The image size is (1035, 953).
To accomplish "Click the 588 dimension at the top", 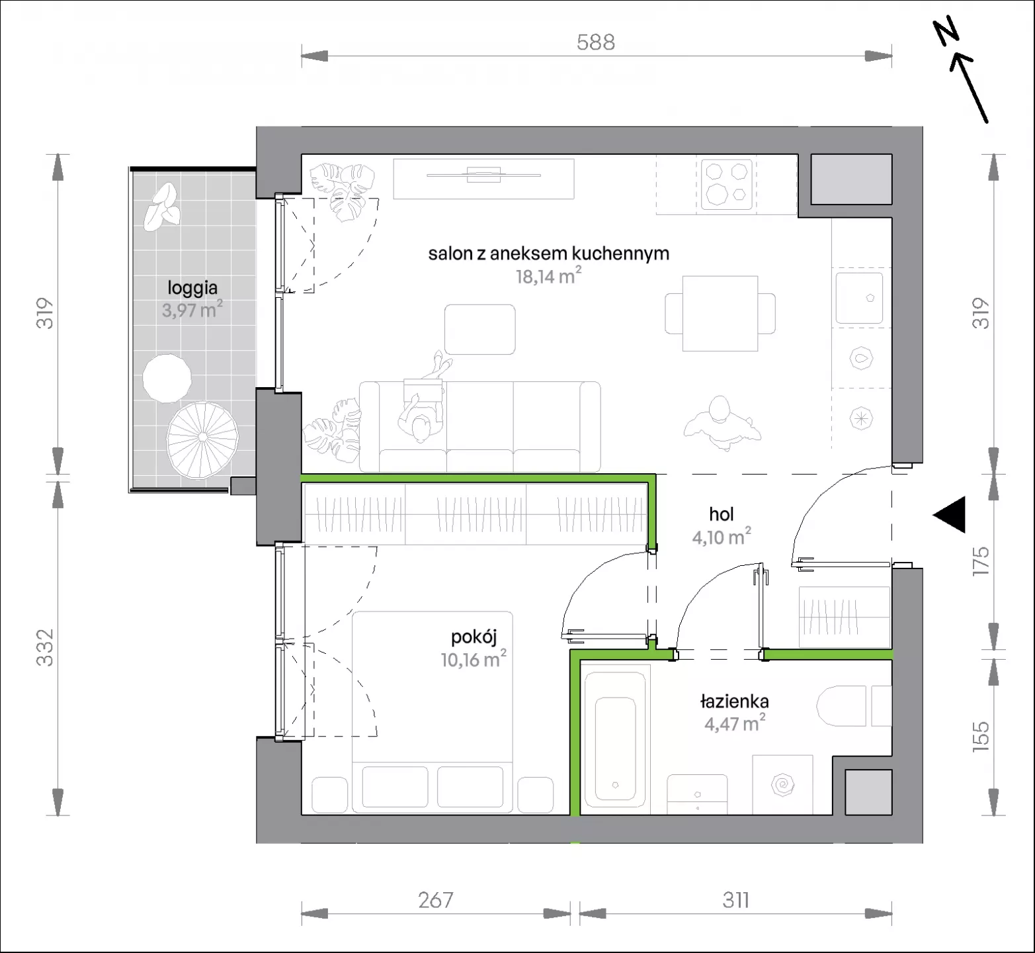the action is click(596, 42).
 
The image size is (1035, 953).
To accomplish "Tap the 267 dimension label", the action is click(436, 900).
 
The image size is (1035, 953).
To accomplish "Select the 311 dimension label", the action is click(736, 900).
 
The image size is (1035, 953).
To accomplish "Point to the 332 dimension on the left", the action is click(44, 647).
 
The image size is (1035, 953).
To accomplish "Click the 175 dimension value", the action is click(981, 561).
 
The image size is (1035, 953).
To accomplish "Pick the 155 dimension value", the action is click(981, 735).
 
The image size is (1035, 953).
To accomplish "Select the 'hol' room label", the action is click(722, 514).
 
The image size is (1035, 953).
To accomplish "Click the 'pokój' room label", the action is click(474, 637).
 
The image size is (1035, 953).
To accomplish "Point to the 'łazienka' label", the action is click(735, 702).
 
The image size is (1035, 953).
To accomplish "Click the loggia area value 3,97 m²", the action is click(192, 309).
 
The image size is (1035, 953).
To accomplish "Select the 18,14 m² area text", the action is click(549, 275).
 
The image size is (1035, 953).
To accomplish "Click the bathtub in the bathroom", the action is click(616, 741).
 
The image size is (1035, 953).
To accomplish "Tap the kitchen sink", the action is click(859, 298).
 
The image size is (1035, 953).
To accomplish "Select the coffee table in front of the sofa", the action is click(480, 330).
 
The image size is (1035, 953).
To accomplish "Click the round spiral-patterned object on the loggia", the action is click(202, 438).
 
